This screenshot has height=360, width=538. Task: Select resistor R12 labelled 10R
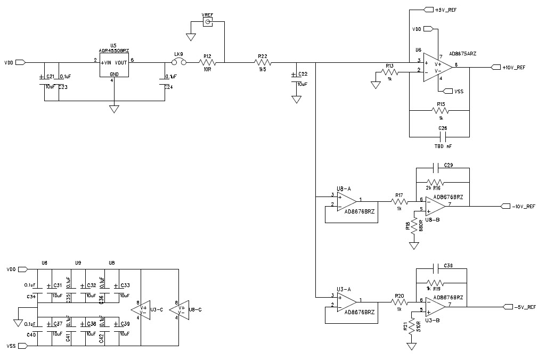[x=208, y=63]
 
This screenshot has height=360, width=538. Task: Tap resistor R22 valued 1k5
[x=263, y=63]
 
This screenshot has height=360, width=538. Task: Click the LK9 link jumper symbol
[x=179, y=63]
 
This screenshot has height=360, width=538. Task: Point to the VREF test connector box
[x=208, y=22]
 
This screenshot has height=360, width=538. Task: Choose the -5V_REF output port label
[x=519, y=307]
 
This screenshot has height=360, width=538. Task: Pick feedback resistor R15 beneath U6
[x=440, y=111]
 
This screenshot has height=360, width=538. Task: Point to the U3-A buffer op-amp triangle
[x=347, y=301]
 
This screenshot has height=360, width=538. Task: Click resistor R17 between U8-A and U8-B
[x=399, y=201]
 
